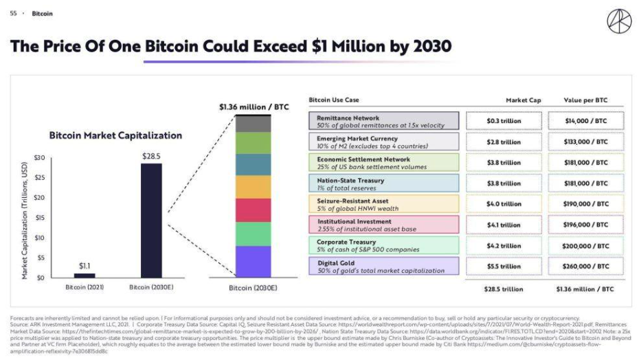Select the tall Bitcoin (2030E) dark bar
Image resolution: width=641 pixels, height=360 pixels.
tap(152, 220)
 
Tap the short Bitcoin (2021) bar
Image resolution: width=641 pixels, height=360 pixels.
tap(85, 275)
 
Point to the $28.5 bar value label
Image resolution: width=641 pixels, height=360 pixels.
tap(152, 156)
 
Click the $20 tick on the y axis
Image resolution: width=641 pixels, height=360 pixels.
tap(40, 198)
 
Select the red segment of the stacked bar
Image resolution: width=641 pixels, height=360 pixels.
tap(253, 210)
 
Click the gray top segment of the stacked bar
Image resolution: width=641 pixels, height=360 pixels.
tap(253, 124)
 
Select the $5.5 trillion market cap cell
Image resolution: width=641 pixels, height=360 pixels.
tap(504, 266)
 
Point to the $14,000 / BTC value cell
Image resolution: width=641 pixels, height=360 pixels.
tap(586, 121)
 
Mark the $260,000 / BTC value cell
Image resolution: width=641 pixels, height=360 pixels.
tap(586, 266)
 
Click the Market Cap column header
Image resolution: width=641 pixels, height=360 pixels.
tap(523, 100)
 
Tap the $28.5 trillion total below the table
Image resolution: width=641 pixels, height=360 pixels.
tap(504, 289)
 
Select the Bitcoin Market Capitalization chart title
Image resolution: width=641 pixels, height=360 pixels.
tap(115, 135)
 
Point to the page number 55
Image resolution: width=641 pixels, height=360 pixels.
tap(13, 13)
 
